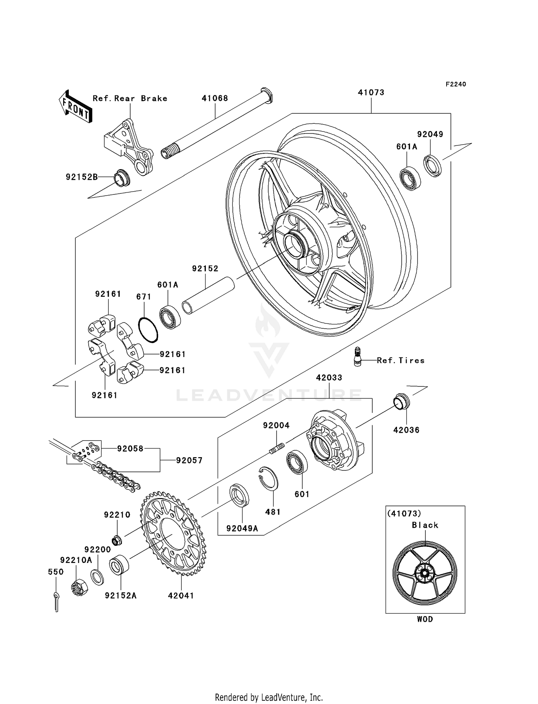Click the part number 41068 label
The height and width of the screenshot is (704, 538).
(x=215, y=98)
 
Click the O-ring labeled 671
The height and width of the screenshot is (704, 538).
(x=148, y=329)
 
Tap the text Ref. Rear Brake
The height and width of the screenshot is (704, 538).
(x=130, y=99)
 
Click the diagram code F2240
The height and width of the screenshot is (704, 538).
(x=456, y=84)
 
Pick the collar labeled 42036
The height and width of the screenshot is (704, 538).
(x=402, y=402)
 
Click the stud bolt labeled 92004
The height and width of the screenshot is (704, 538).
(x=277, y=448)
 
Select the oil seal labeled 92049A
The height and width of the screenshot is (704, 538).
(x=239, y=495)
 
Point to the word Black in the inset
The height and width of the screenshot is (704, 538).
(x=425, y=525)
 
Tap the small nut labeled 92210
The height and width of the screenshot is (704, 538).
(x=117, y=540)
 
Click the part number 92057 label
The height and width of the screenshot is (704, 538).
(x=189, y=460)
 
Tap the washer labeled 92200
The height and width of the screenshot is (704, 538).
(x=97, y=577)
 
